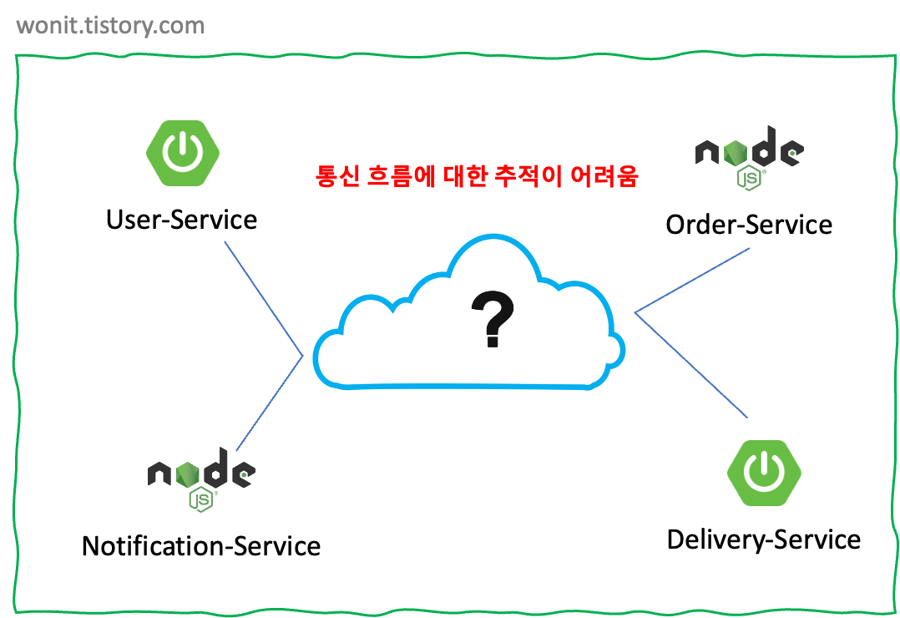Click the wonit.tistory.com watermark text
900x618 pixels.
110,26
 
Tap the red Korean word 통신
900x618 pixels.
338,176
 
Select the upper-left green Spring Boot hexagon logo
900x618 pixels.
183,152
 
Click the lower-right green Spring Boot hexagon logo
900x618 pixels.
764,472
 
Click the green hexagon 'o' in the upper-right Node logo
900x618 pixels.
736,152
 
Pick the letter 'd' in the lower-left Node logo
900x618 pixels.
215,469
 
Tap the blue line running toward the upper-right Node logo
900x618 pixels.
693,280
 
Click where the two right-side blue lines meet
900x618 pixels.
636,312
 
